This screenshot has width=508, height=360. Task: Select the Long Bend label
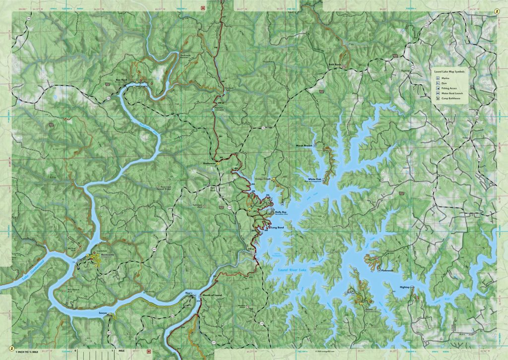point(277,228)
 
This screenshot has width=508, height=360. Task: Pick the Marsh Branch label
point(304,146)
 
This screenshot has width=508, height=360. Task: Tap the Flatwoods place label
point(387,270)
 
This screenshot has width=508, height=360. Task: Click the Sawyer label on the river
point(103,314)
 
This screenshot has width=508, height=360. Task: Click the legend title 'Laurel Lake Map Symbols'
point(450,71)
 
